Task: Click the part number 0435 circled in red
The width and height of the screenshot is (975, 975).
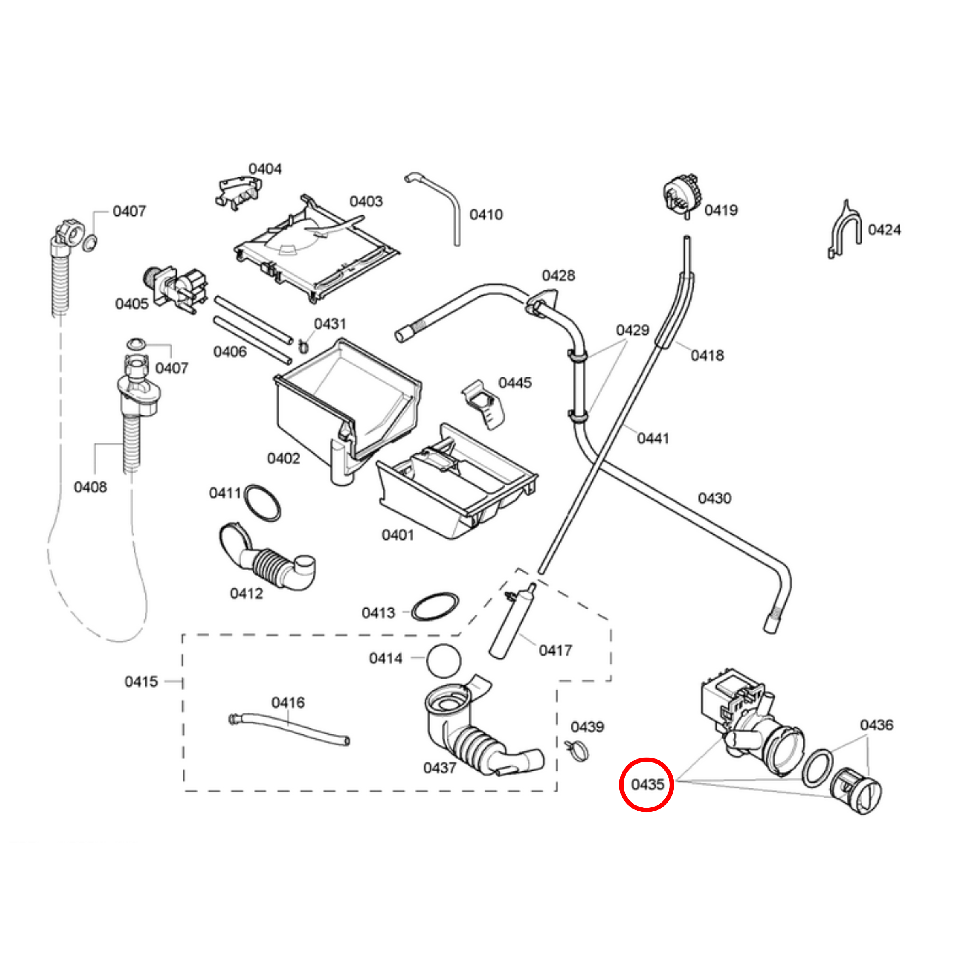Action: click(647, 784)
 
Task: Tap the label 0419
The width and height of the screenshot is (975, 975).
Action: click(721, 211)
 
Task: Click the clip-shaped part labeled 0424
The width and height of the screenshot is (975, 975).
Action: click(844, 230)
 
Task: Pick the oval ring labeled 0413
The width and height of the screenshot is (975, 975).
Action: click(435, 607)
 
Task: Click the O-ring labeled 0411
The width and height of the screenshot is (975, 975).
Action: click(262, 502)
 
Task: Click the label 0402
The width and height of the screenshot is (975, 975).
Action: click(283, 458)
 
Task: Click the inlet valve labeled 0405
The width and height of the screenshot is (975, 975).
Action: click(177, 287)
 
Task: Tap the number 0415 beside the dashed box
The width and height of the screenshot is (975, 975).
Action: click(141, 681)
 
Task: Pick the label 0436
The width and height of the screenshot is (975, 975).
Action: click(877, 725)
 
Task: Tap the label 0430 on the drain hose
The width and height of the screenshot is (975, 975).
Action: click(714, 498)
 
